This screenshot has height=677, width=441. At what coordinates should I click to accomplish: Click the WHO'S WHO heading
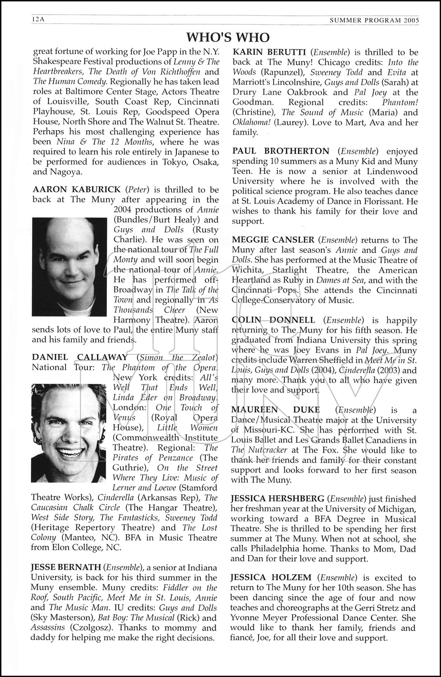click(228, 37)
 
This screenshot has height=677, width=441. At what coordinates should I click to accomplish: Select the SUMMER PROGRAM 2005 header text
click(374, 20)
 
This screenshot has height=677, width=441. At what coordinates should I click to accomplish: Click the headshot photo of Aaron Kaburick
click(69, 267)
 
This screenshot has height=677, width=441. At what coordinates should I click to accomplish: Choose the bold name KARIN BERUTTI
click(269, 52)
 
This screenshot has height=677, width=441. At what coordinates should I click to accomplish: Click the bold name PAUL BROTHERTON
click(281, 151)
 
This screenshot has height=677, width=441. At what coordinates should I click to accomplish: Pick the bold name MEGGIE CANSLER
click(273, 240)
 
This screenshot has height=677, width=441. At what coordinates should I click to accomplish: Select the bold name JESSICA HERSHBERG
click(277, 499)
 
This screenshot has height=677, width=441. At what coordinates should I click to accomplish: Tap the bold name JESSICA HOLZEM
click(271, 577)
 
